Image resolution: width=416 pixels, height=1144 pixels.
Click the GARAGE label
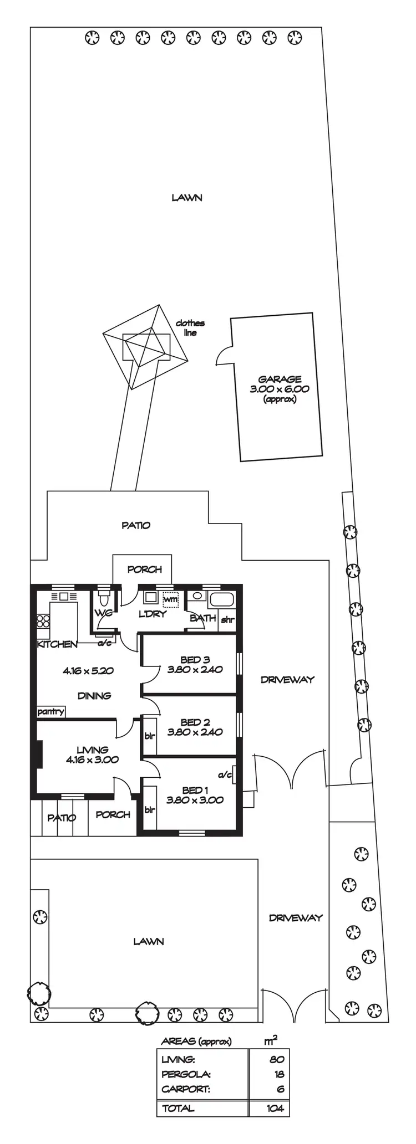pyautogui.click(x=280, y=379)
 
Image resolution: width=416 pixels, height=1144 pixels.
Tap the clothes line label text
pyautogui.click(x=190, y=328)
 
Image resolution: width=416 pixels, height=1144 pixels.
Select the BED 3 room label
pyautogui.click(x=195, y=660)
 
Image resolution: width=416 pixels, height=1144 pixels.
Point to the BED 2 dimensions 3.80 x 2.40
pyautogui.click(x=195, y=732)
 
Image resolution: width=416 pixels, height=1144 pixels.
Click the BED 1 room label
pyautogui.click(x=195, y=791)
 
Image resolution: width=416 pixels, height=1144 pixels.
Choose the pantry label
pyautogui.click(x=51, y=712)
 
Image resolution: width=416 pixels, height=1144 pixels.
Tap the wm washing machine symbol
pyautogui.click(x=170, y=600)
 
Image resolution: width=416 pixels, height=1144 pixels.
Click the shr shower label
pyautogui.click(x=227, y=620)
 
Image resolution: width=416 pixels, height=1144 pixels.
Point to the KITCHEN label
pyautogui.click(x=57, y=644)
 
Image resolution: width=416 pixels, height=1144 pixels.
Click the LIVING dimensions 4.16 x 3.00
pyautogui.click(x=92, y=760)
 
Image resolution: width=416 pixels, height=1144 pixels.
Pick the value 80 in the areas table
pyautogui.click(x=277, y=1060)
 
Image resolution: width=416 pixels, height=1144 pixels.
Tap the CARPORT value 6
pyautogui.click(x=280, y=1089)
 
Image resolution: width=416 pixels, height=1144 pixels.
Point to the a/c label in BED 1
pyautogui.click(x=225, y=775)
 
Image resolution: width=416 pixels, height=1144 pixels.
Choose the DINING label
pyautogui.click(x=94, y=696)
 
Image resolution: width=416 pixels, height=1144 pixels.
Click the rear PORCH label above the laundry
pyautogui.click(x=144, y=570)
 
